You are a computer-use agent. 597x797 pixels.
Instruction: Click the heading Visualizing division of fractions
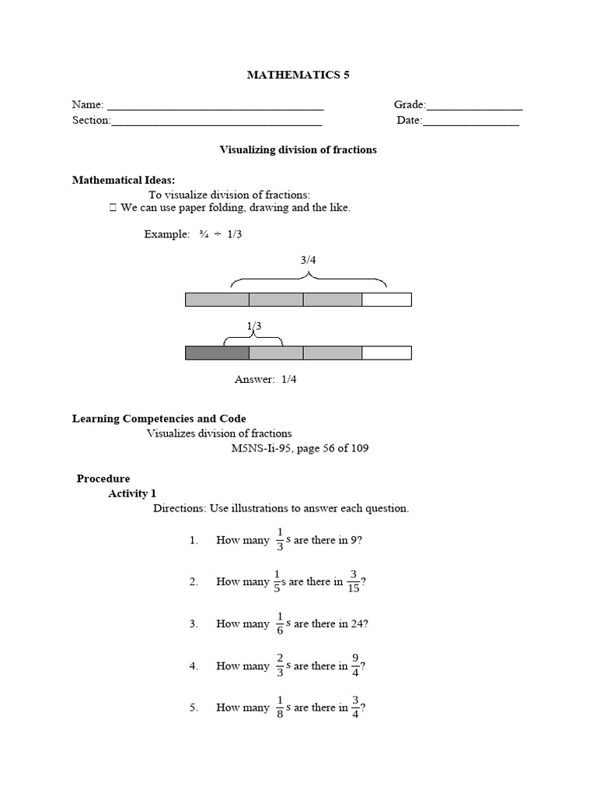click(x=298, y=149)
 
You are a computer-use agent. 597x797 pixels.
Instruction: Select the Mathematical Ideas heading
click(x=124, y=180)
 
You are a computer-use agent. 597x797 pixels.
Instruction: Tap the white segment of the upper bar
click(x=386, y=300)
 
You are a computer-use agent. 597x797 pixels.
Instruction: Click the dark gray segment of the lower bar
click(x=217, y=353)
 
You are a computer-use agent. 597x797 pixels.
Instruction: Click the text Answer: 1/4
click(x=266, y=379)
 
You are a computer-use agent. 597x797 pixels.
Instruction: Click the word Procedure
click(x=103, y=479)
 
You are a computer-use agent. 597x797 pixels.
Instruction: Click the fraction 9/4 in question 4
click(x=355, y=665)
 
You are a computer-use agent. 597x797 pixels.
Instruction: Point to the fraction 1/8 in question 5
click(x=279, y=707)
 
